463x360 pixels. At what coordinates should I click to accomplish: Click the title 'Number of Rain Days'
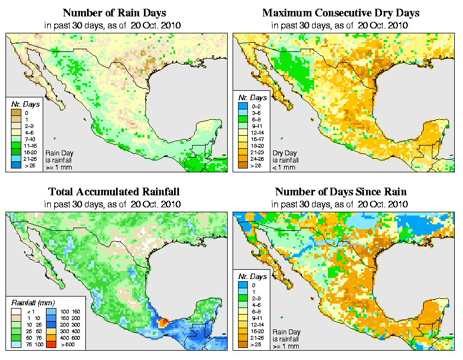tap(114, 13)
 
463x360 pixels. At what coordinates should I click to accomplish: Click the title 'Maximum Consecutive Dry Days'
tap(341, 13)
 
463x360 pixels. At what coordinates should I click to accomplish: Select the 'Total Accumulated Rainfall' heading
tap(114, 191)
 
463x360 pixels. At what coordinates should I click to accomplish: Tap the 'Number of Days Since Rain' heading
tap(341, 191)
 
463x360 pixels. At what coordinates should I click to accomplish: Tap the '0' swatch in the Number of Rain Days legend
tap(15, 113)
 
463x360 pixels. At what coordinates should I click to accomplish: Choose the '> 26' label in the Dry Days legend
tap(255, 167)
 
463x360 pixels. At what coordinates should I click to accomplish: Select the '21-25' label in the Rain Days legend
tap(30, 158)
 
